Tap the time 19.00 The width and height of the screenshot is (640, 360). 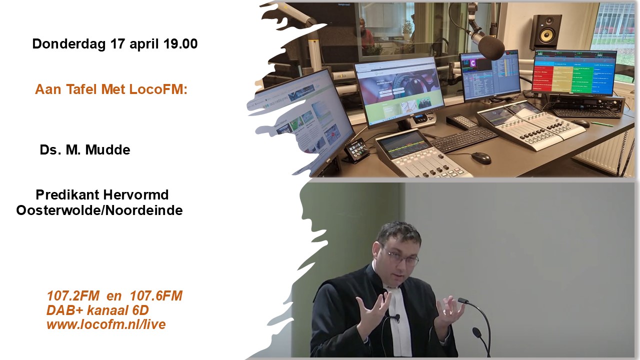pyautogui.click(x=180, y=43)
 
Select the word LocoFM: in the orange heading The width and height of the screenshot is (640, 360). pyautogui.click(x=158, y=89)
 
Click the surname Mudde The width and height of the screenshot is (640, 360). pyautogui.click(x=107, y=149)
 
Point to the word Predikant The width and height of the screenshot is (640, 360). pyautogui.click(x=67, y=195)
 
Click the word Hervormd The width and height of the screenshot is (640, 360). pyautogui.click(x=135, y=195)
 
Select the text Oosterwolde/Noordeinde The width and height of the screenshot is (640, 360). pyautogui.click(x=99, y=210)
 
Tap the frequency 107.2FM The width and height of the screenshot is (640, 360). pyautogui.click(x=73, y=295)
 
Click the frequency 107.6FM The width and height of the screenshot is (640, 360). pyautogui.click(x=156, y=295)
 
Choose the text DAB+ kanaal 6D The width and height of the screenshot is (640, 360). pyautogui.click(x=97, y=310)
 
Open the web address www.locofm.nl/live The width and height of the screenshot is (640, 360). pyautogui.click(x=106, y=324)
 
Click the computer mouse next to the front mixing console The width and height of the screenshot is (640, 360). pyautogui.click(x=481, y=157)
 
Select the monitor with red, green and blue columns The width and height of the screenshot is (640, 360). pyautogui.click(x=574, y=72)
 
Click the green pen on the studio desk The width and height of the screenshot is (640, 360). pyautogui.click(x=602, y=124)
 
